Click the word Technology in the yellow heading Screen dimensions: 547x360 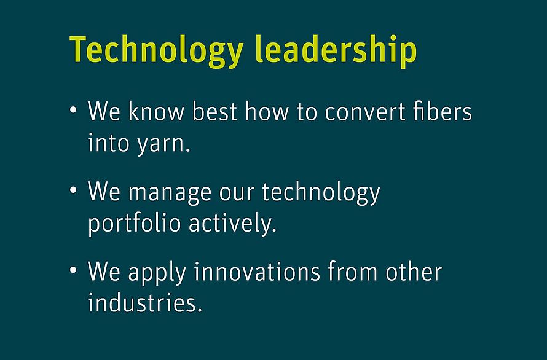point(156,51)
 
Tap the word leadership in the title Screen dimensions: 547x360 point(336,51)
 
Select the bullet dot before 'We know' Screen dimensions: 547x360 point(73,110)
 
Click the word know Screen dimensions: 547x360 point(156,111)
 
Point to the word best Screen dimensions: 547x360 point(214,111)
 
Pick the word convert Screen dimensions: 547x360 point(365,112)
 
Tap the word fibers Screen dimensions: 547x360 point(442,111)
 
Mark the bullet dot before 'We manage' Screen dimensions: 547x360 point(73,190)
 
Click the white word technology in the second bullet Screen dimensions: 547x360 point(321,192)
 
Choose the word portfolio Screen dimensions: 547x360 point(135,222)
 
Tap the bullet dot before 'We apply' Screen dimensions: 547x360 point(73,270)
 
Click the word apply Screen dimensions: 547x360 point(157,273)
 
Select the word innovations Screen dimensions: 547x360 point(257,272)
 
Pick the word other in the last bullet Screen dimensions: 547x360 point(414,272)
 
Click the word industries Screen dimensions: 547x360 point(145,302)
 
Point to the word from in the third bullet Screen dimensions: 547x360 point(352,272)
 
